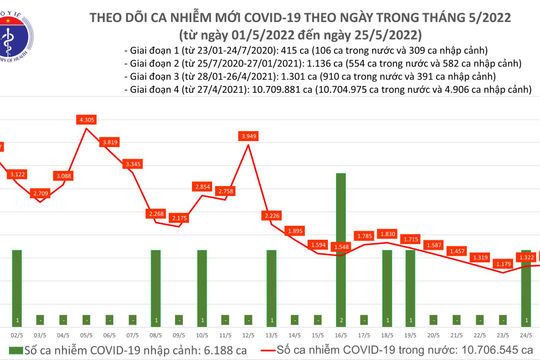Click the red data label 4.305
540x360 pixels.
86,120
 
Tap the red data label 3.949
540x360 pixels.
249,136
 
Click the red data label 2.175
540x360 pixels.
181,218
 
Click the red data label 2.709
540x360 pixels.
41,192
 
